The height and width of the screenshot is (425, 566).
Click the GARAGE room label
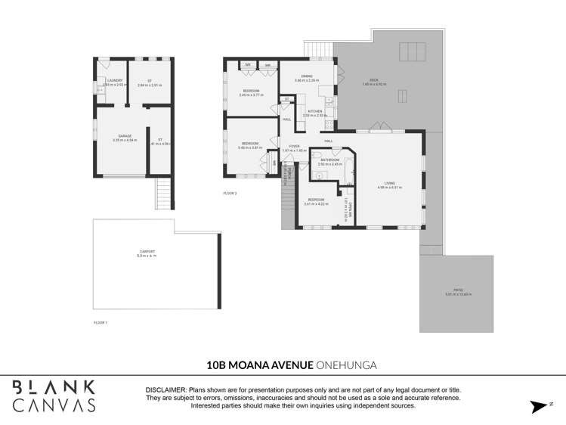tap(125, 136)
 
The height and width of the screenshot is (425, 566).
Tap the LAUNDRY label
tap(115, 80)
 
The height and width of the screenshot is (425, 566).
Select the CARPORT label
tap(147, 251)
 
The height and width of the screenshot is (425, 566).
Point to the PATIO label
tap(458, 290)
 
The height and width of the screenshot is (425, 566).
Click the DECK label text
tap(373, 79)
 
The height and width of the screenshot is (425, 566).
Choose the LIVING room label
tap(389, 183)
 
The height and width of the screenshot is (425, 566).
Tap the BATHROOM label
tap(329, 160)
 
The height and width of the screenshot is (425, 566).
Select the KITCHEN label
tap(314, 111)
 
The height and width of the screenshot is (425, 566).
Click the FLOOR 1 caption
tap(101, 323)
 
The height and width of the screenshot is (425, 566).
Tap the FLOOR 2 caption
tap(230, 194)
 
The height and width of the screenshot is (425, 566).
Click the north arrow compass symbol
tap(540, 406)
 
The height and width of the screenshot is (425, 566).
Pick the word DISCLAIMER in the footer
tap(165, 389)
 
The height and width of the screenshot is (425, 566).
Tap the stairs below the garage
tap(164, 194)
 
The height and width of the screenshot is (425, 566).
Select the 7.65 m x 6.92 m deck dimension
tap(373, 84)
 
